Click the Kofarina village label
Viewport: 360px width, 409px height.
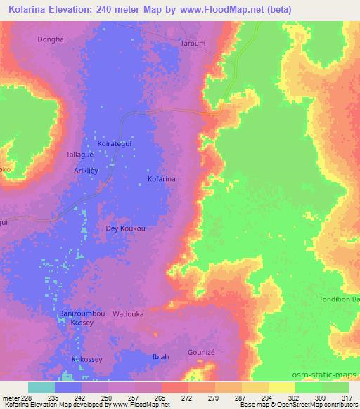click(x=161, y=180)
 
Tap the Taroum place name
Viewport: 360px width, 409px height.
click(x=193, y=43)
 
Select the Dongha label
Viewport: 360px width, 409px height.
click(x=50, y=39)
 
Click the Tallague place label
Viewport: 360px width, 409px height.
click(x=79, y=154)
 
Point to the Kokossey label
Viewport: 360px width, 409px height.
click(x=87, y=359)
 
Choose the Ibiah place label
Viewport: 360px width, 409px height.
click(x=160, y=357)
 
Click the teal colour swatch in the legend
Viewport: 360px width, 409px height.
click(x=41, y=387)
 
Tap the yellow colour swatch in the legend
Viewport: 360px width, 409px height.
click(x=281, y=387)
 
